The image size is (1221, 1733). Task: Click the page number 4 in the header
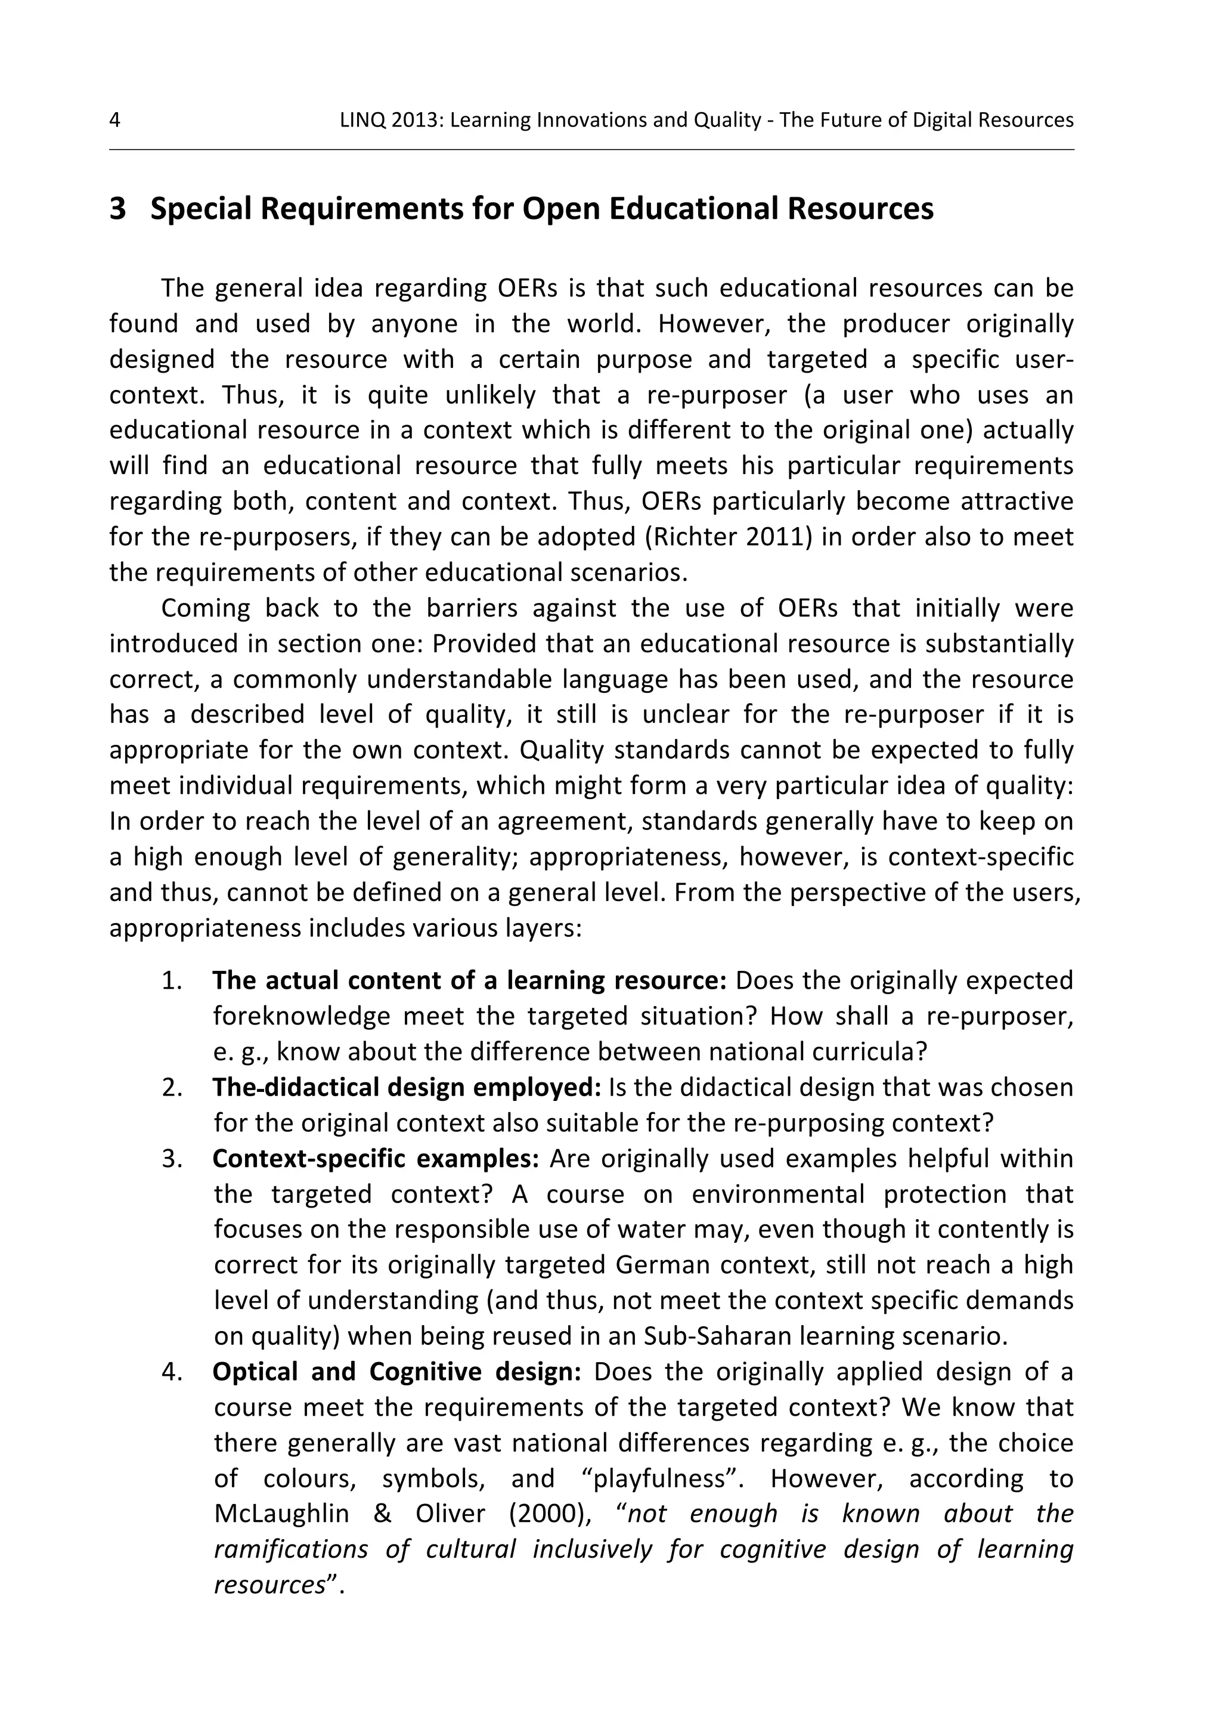coord(114,120)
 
